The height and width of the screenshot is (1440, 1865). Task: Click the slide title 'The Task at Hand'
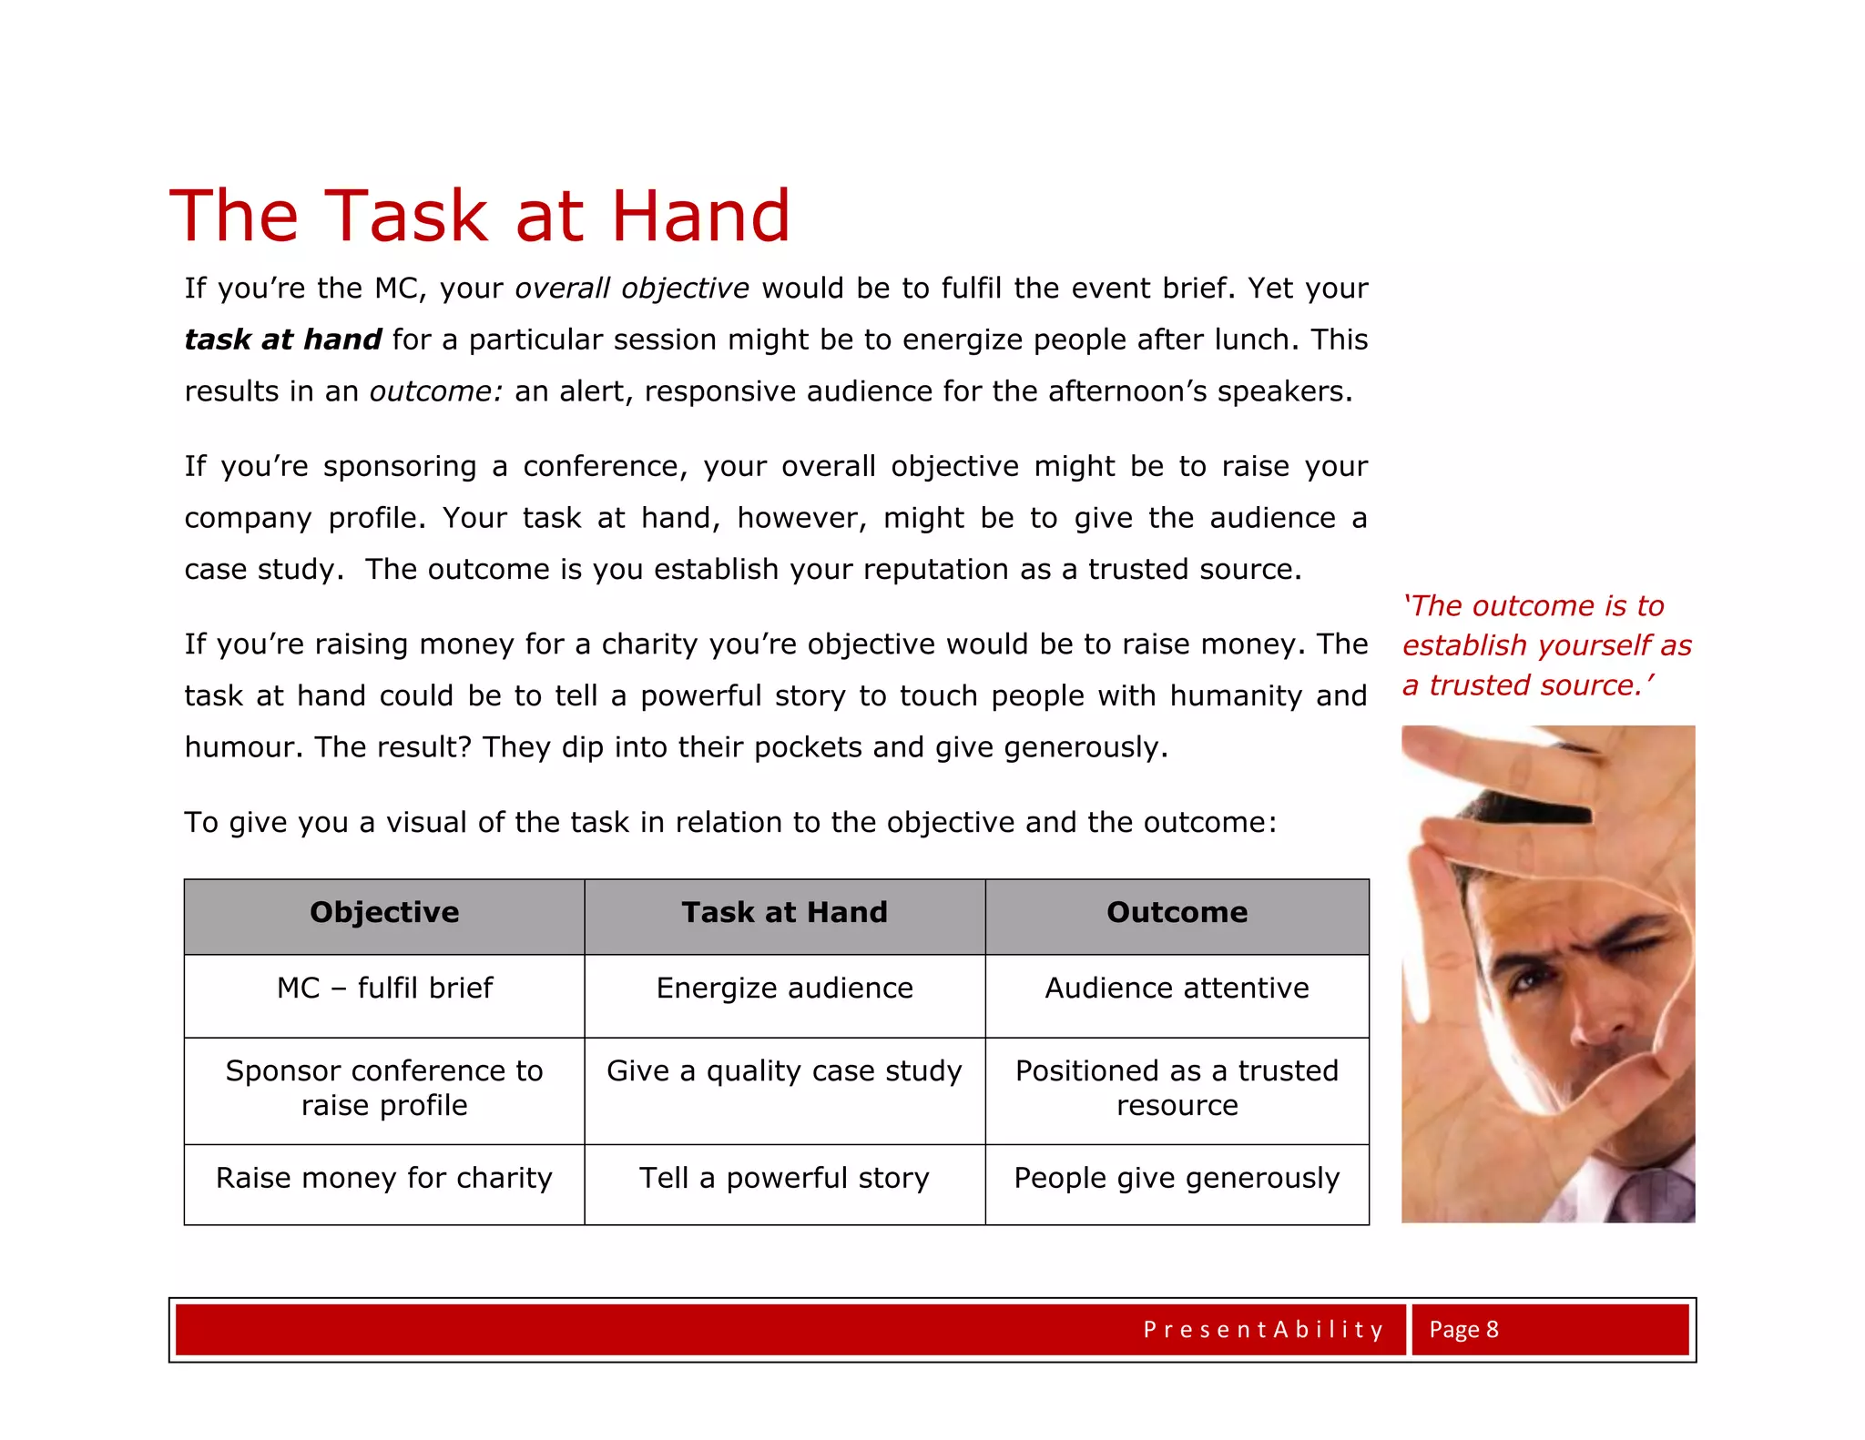(x=480, y=216)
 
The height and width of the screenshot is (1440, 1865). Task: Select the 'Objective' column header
(x=384, y=913)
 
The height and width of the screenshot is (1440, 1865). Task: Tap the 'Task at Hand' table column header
(x=784, y=913)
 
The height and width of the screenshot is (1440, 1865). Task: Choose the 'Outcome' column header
(x=1177, y=913)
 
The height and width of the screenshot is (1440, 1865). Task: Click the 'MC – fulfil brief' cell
(x=384, y=989)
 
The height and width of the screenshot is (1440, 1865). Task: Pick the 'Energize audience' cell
(x=784, y=989)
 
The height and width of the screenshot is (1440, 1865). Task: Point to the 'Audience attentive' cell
(x=1177, y=989)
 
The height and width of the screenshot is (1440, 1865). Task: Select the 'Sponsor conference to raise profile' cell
(x=384, y=1088)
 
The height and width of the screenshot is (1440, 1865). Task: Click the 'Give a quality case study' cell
(x=784, y=1071)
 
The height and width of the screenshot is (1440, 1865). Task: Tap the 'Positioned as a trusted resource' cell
(x=1177, y=1088)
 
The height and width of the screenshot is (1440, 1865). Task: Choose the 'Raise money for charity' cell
(x=384, y=1179)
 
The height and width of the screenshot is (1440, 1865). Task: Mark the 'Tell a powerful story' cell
(x=784, y=1179)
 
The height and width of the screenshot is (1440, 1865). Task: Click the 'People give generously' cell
(x=1177, y=1179)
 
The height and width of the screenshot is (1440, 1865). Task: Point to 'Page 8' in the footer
(x=1463, y=1330)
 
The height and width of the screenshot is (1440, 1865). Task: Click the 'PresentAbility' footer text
(x=1263, y=1330)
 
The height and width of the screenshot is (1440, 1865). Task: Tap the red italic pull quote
(x=1545, y=645)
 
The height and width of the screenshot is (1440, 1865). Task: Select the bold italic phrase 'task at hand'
(x=282, y=340)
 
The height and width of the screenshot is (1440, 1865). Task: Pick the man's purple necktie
(x=1639, y=1197)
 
